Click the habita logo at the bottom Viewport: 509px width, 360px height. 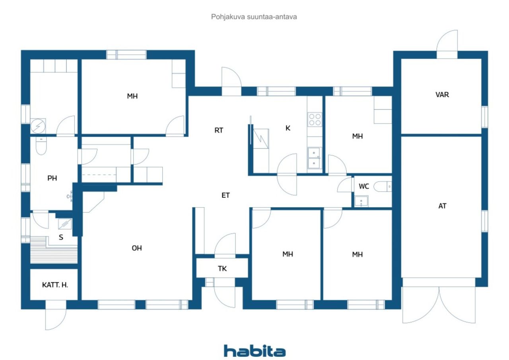254,351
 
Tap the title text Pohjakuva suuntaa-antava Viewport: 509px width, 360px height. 254,17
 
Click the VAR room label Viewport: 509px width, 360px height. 442,95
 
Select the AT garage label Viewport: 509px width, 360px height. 442,206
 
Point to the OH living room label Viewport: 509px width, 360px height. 137,248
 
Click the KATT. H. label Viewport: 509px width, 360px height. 55,285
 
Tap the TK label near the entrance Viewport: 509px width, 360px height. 222,269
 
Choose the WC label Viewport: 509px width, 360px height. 363,186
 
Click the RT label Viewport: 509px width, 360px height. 219,130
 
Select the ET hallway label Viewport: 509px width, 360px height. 225,195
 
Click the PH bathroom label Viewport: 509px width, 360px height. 52,178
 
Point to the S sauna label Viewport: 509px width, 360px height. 61,237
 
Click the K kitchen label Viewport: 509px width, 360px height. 288,128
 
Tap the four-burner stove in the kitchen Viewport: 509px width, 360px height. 315,120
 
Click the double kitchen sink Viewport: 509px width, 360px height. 314,158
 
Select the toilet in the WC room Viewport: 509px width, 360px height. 383,187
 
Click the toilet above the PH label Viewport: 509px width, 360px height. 41,146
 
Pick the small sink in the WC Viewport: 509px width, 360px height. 361,201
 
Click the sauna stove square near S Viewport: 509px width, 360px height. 65,224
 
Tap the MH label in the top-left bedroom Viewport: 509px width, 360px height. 132,96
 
